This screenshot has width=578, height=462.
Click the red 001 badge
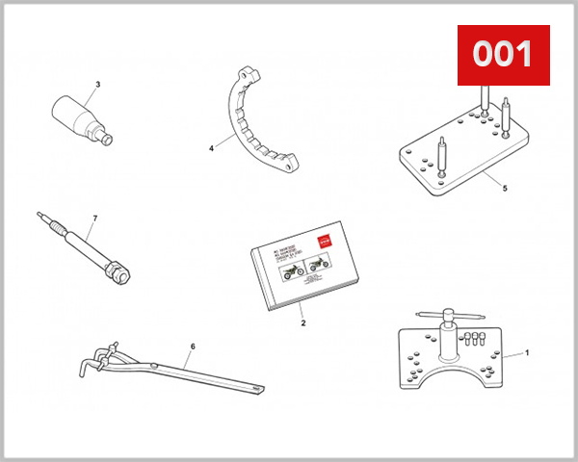click(x=502, y=55)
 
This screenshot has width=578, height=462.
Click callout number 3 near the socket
click(x=96, y=84)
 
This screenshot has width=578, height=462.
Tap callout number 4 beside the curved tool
click(x=210, y=149)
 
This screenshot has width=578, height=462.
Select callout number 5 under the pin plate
click(x=504, y=189)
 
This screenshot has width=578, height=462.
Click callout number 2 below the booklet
click(x=302, y=323)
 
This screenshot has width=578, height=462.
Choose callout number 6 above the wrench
click(x=193, y=346)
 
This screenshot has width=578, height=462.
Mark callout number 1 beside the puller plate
click(x=527, y=352)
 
